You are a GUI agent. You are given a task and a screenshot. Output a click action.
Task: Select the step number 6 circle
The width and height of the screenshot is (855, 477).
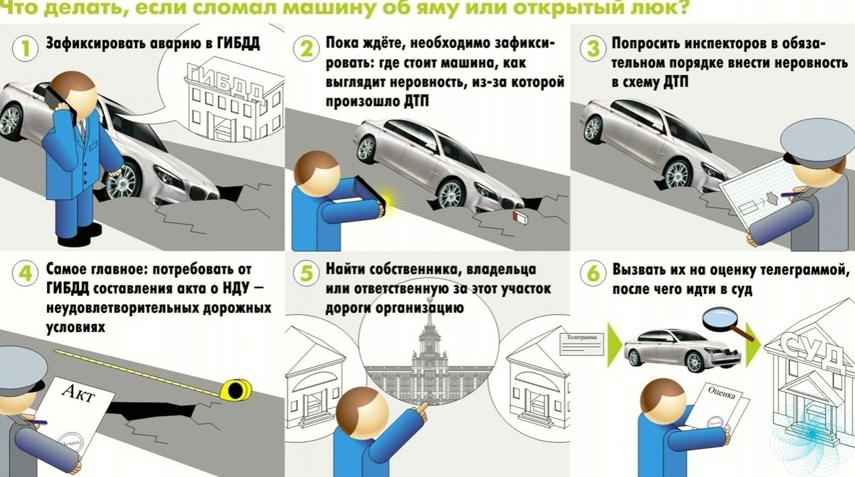pyautogui.click(x=593, y=274)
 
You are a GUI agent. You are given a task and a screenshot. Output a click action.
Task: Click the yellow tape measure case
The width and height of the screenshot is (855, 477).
pyautogui.click(x=237, y=388)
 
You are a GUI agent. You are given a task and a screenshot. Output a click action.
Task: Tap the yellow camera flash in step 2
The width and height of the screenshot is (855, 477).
pyautogui.click(x=389, y=196)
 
